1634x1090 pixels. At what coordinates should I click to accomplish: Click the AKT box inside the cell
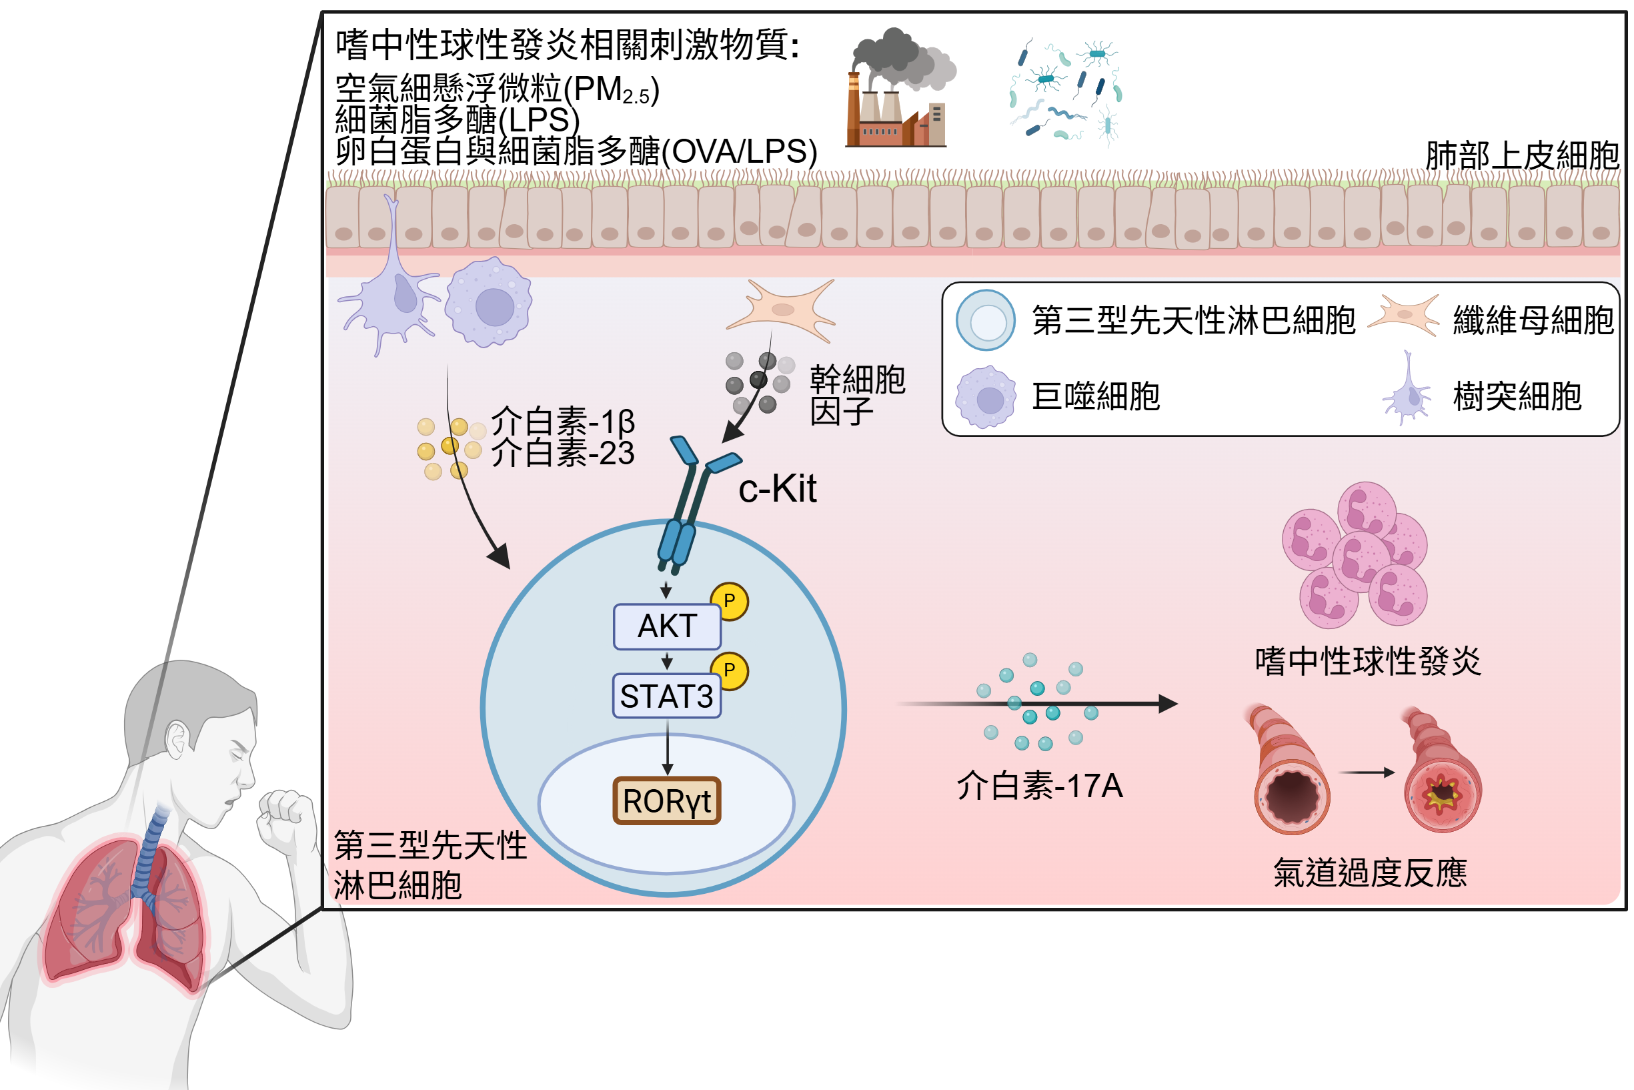(x=666, y=626)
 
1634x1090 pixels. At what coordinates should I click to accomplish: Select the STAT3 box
(x=666, y=696)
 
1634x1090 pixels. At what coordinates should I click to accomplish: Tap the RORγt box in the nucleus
(x=666, y=800)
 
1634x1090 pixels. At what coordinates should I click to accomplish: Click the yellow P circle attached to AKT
(x=729, y=601)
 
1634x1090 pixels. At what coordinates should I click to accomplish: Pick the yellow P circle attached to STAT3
(x=729, y=671)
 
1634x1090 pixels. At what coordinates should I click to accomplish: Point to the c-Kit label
(x=776, y=489)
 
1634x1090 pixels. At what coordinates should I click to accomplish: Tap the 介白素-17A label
(x=1040, y=786)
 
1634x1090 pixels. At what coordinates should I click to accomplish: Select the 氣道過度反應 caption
(x=1370, y=873)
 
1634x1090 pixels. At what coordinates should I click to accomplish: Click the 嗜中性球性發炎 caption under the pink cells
(x=1368, y=661)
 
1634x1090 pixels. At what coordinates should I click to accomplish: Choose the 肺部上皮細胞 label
(x=1522, y=155)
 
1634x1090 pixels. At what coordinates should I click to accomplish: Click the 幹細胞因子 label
(x=857, y=395)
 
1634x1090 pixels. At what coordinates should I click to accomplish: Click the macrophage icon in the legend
(x=986, y=397)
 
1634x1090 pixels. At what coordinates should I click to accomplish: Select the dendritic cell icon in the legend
(x=1407, y=390)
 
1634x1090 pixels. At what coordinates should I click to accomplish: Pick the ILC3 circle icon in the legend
(x=986, y=320)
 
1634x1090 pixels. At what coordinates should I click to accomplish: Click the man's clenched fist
(x=285, y=821)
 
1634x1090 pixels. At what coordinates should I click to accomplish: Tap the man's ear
(x=177, y=741)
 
